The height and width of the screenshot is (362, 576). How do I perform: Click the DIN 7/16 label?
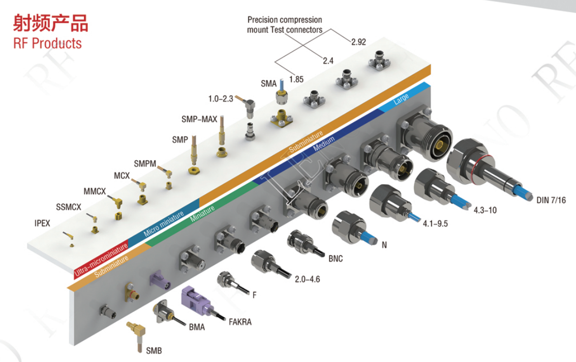point(551,200)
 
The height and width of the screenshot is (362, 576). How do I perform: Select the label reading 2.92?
point(358,42)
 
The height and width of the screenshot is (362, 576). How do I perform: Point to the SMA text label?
point(268,84)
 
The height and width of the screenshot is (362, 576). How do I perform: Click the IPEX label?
point(43,222)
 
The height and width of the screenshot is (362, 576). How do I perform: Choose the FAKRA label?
point(240,321)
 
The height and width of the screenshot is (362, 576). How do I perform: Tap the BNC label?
point(336,259)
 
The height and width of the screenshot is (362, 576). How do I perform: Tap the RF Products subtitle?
point(48,43)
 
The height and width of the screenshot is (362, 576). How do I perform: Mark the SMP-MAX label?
point(199,120)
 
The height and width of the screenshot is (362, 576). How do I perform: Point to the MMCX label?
point(95,192)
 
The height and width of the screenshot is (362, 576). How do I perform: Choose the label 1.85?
point(296,79)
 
